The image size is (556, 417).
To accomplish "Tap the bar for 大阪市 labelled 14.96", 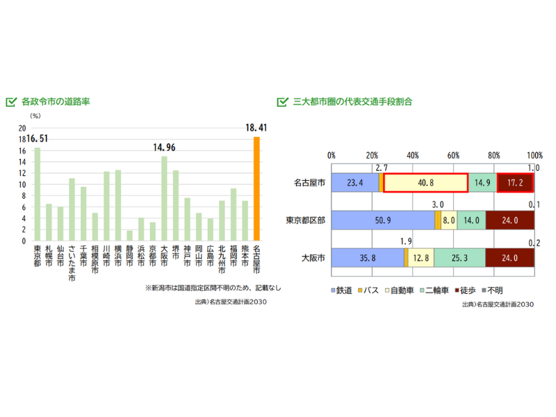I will pyautogui.click(x=164, y=199).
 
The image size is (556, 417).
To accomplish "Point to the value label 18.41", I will pyautogui.click(x=256, y=128).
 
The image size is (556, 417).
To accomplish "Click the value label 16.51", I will pyautogui.click(x=38, y=139).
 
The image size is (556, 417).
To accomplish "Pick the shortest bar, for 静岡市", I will pyautogui.click(x=129, y=236).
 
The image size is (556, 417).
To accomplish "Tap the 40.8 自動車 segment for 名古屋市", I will pyautogui.click(x=425, y=183).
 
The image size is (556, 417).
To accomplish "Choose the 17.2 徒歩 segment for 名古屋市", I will pyautogui.click(x=515, y=183).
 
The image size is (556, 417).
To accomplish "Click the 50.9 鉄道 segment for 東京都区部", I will pyautogui.click(x=383, y=220).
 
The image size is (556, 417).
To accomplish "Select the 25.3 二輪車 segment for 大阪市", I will pyautogui.click(x=459, y=258).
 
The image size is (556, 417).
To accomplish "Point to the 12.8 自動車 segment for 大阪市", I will pyautogui.click(x=421, y=258).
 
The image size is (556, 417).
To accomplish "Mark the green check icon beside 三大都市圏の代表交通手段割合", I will pyautogui.click(x=282, y=101).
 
